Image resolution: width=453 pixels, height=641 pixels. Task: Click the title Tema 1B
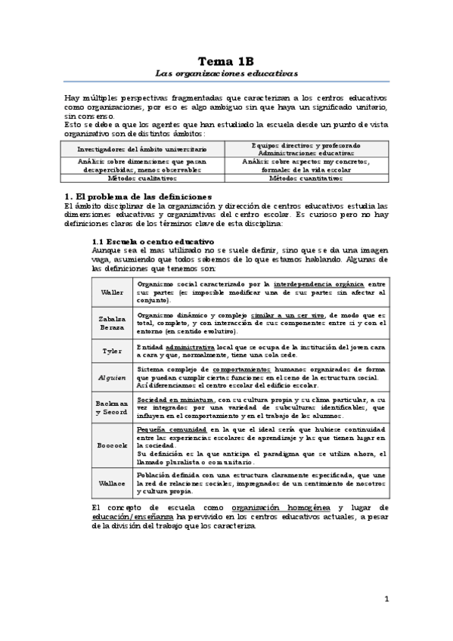[226, 60]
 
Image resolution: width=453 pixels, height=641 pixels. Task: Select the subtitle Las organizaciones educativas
[226, 74]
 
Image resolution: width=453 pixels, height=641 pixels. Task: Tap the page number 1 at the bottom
[386, 599]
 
